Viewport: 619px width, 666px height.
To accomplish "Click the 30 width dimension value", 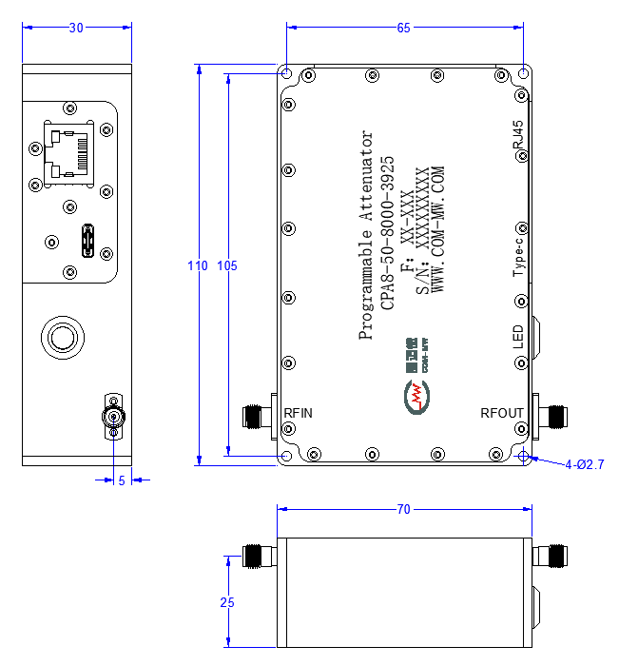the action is pyautogui.click(x=76, y=28).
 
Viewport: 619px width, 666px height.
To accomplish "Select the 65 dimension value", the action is pyautogui.click(x=403, y=28).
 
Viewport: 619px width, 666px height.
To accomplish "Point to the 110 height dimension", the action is pyautogui.click(x=198, y=265).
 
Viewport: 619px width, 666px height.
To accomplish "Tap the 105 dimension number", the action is pyautogui.click(x=227, y=265).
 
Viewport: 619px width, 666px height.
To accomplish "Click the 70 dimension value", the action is pyautogui.click(x=403, y=509).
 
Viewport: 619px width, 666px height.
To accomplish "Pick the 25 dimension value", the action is pyautogui.click(x=227, y=602).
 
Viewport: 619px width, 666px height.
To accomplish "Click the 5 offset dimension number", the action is pyautogui.click(x=122, y=480).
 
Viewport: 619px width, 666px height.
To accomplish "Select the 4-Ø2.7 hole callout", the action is pyautogui.click(x=585, y=464).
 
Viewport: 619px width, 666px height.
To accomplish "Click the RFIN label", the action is pyautogui.click(x=298, y=413).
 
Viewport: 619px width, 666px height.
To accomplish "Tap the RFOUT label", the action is pyautogui.click(x=501, y=413).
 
